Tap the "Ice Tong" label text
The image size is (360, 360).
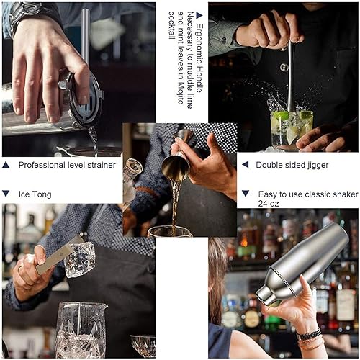35,194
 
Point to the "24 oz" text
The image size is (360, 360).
269,204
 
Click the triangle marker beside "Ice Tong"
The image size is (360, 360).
6,194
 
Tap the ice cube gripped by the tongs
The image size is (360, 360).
79,259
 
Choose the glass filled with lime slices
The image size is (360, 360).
291,130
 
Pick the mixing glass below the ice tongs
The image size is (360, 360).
79,330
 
